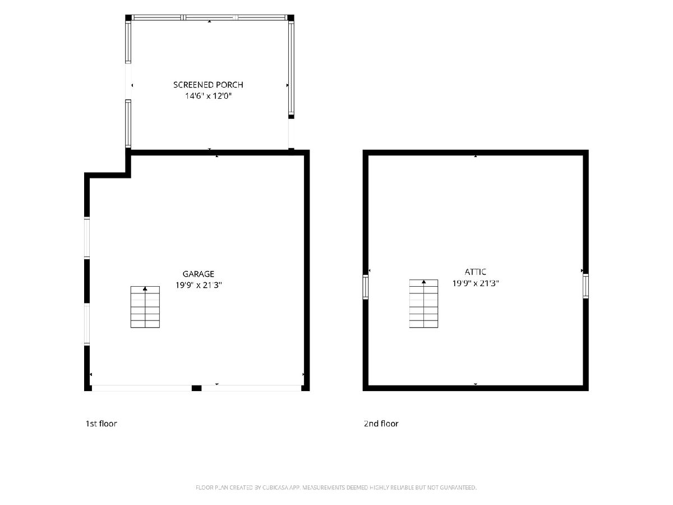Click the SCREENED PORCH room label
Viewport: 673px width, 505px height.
click(x=208, y=85)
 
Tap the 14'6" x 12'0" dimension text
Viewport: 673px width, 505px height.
click(x=208, y=96)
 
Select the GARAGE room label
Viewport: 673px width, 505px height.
click(x=199, y=274)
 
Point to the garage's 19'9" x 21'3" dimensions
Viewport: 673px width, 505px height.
click(x=199, y=285)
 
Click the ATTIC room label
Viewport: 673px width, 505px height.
click(x=475, y=272)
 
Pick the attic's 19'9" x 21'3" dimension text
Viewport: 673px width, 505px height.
click(x=476, y=283)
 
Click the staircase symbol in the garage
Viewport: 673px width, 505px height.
click(x=145, y=307)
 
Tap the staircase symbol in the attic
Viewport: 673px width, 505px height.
click(x=424, y=304)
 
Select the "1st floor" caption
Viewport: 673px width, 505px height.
click(x=101, y=424)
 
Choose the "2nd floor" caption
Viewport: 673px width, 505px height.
click(x=381, y=424)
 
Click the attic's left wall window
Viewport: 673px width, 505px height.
click(x=366, y=287)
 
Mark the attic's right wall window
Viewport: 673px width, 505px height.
click(x=586, y=286)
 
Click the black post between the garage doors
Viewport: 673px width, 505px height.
click(x=196, y=388)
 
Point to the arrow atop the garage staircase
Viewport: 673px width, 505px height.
click(x=145, y=288)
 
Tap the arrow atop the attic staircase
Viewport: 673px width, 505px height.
click(x=424, y=282)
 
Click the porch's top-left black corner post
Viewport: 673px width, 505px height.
click(x=128, y=18)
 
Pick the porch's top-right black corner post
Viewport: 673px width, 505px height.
click(x=291, y=18)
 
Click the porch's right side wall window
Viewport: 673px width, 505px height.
click(x=291, y=68)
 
